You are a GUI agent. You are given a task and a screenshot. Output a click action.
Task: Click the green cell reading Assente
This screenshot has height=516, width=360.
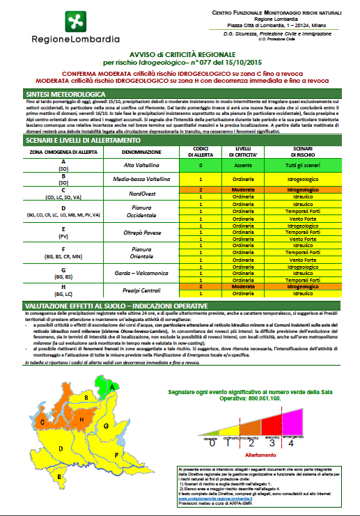pos(242,164)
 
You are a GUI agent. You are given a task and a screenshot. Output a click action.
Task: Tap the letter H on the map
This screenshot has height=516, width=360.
pos(81,419)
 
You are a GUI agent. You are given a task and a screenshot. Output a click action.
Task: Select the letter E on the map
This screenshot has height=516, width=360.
pos(60,476)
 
